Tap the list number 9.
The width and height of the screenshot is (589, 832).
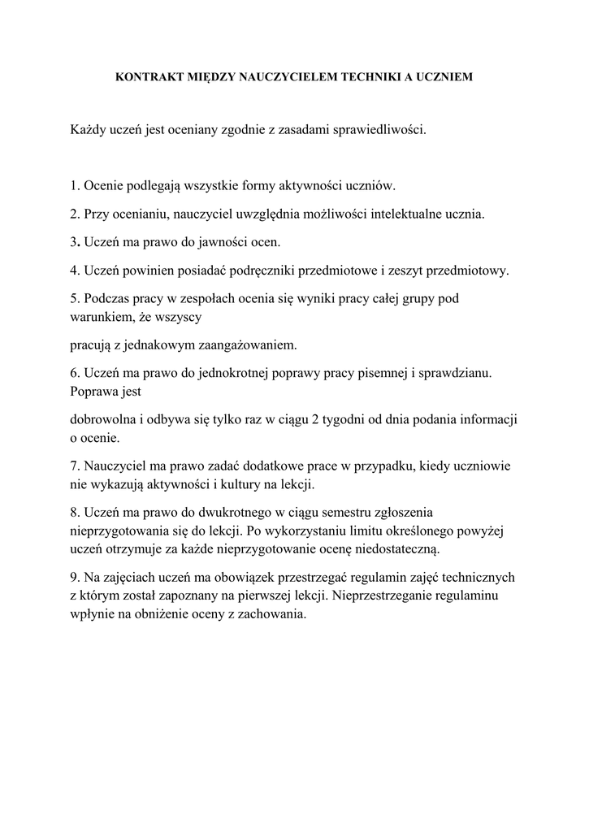(74, 577)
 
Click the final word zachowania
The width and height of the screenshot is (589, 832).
(269, 614)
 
